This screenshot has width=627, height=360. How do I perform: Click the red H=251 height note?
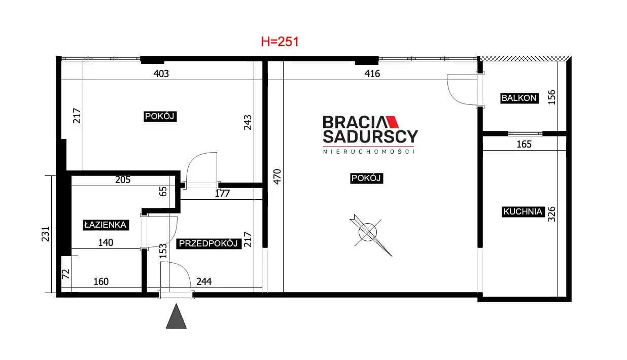280,42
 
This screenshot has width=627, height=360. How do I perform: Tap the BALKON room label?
519,98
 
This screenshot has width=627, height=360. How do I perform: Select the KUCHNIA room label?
522,211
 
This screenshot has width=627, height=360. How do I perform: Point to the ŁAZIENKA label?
106,225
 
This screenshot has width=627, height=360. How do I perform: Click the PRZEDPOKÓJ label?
208,244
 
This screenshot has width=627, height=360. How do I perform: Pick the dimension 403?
161,74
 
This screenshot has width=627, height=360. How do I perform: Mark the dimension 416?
372,74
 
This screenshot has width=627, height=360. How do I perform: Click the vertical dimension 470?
277,177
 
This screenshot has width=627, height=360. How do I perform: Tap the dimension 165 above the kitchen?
524,145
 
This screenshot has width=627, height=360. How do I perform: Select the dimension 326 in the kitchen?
551,214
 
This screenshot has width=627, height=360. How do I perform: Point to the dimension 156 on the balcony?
551,97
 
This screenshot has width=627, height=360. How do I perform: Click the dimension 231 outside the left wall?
45,234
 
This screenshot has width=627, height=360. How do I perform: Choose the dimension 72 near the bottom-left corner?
65,274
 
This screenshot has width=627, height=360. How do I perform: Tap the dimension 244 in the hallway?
204,282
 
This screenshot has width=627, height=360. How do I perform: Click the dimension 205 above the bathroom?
123,180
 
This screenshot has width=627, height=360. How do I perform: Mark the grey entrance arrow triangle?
176,317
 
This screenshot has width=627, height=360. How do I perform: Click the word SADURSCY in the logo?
370,136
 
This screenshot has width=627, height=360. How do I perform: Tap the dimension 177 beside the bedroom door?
222,194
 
